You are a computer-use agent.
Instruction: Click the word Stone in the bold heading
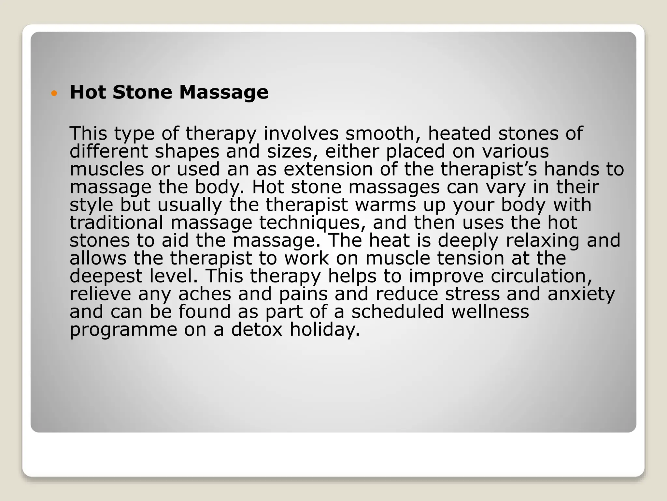(x=142, y=92)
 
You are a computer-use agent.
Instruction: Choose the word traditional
(x=116, y=223)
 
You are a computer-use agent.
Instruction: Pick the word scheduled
(x=398, y=311)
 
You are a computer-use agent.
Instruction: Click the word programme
(x=123, y=330)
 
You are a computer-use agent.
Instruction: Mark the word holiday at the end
(x=325, y=330)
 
